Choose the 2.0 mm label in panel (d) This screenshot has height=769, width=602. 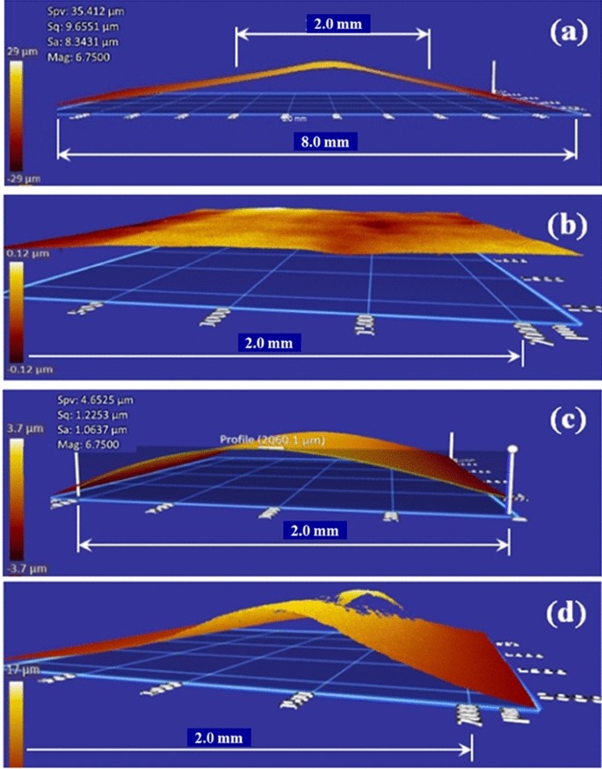(217, 736)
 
